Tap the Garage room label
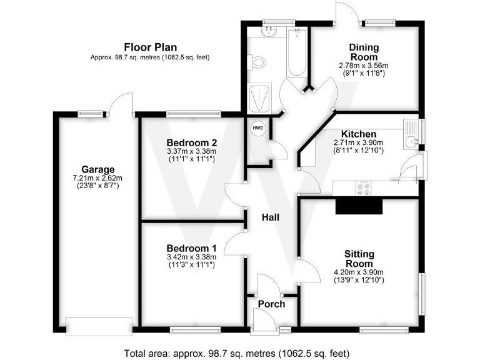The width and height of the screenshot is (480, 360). (x=97, y=169)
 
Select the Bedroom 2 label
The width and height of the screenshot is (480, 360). (x=191, y=141)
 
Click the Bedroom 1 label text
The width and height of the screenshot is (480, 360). (x=191, y=247)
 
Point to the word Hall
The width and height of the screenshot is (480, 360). (x=270, y=217)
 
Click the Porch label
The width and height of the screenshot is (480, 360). (x=271, y=304)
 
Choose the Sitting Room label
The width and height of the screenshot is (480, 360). (x=359, y=259)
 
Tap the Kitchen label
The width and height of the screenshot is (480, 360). (x=358, y=134)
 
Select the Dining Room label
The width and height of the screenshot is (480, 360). (x=363, y=52)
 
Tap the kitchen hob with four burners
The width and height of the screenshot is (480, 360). (x=363, y=188)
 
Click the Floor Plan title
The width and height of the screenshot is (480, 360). (x=150, y=47)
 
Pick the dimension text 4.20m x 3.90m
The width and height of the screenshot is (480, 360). (x=359, y=272)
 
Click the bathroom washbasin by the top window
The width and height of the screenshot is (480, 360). (x=271, y=32)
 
